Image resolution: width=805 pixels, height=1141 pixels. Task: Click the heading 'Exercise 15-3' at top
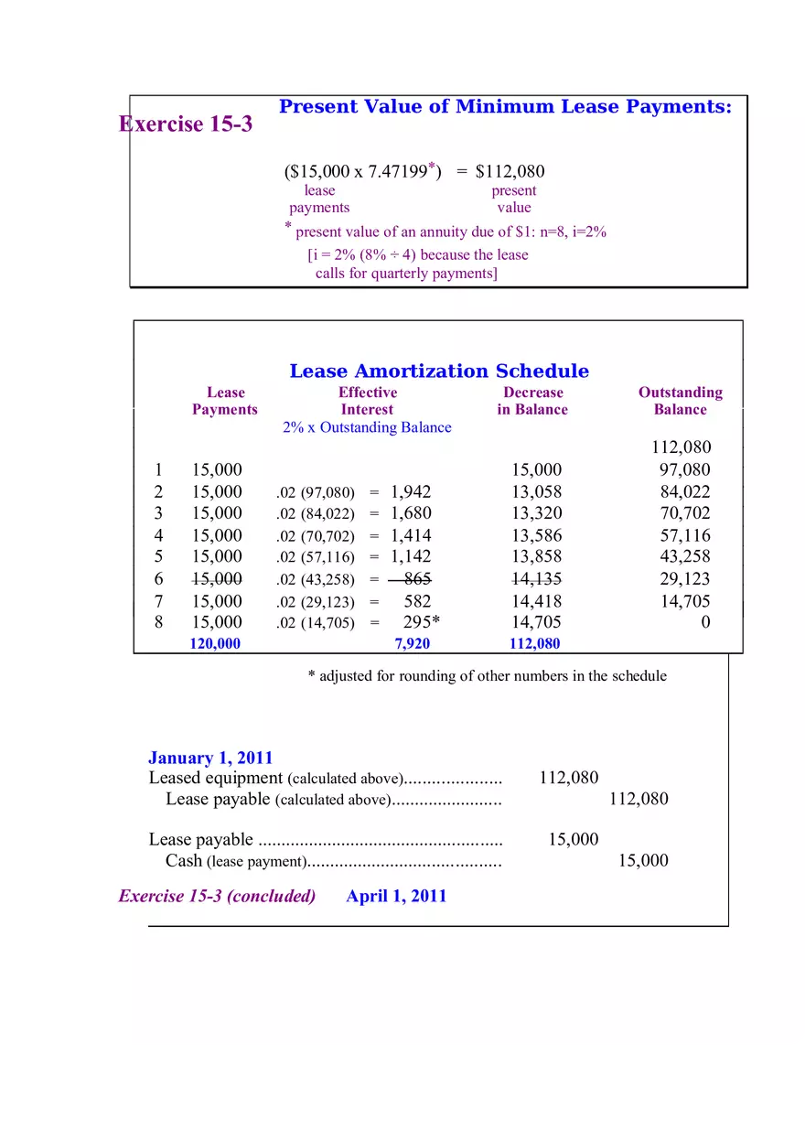(186, 124)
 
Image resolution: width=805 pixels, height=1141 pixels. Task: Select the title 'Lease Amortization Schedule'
(439, 371)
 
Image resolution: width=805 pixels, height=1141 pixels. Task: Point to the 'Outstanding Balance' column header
(680, 401)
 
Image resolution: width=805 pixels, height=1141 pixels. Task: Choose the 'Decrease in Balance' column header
(532, 401)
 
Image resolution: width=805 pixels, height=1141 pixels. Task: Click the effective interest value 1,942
(411, 491)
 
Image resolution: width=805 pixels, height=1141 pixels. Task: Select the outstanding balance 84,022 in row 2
(685, 491)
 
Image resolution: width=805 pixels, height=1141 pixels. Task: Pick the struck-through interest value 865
(416, 578)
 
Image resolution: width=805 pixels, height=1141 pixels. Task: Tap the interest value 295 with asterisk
(421, 622)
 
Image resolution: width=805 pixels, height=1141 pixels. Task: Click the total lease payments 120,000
(215, 643)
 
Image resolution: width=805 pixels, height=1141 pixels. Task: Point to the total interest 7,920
(412, 643)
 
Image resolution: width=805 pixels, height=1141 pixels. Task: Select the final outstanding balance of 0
(705, 622)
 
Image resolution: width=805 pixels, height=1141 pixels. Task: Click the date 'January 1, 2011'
(210, 758)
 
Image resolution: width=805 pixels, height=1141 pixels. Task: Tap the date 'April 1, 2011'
(396, 896)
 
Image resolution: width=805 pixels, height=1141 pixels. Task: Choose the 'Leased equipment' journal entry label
(216, 778)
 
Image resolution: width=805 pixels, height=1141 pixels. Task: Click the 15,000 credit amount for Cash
(643, 860)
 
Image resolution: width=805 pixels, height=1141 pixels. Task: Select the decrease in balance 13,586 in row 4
(537, 535)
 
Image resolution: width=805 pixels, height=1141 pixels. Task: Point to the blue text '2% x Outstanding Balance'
(367, 427)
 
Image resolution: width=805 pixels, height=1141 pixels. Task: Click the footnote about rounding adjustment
(487, 675)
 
